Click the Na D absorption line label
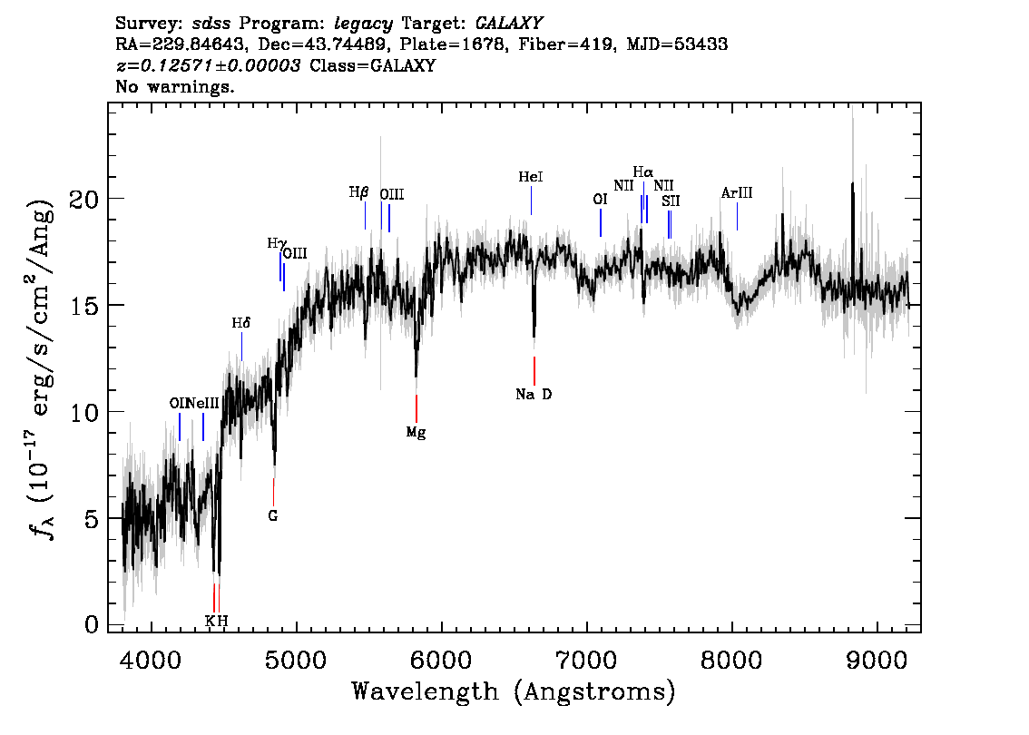(534, 395)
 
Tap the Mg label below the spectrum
(416, 433)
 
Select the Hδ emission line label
(240, 323)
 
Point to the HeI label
(531, 178)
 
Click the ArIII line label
(737, 193)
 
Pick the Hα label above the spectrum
(642, 171)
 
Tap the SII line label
(671, 201)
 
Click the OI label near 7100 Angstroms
(600, 200)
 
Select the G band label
(272, 516)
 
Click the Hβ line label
(358, 192)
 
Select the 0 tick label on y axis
(92, 624)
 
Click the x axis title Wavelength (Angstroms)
(514, 692)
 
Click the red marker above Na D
(534, 370)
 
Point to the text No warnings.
(176, 87)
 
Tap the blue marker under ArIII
(737, 216)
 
